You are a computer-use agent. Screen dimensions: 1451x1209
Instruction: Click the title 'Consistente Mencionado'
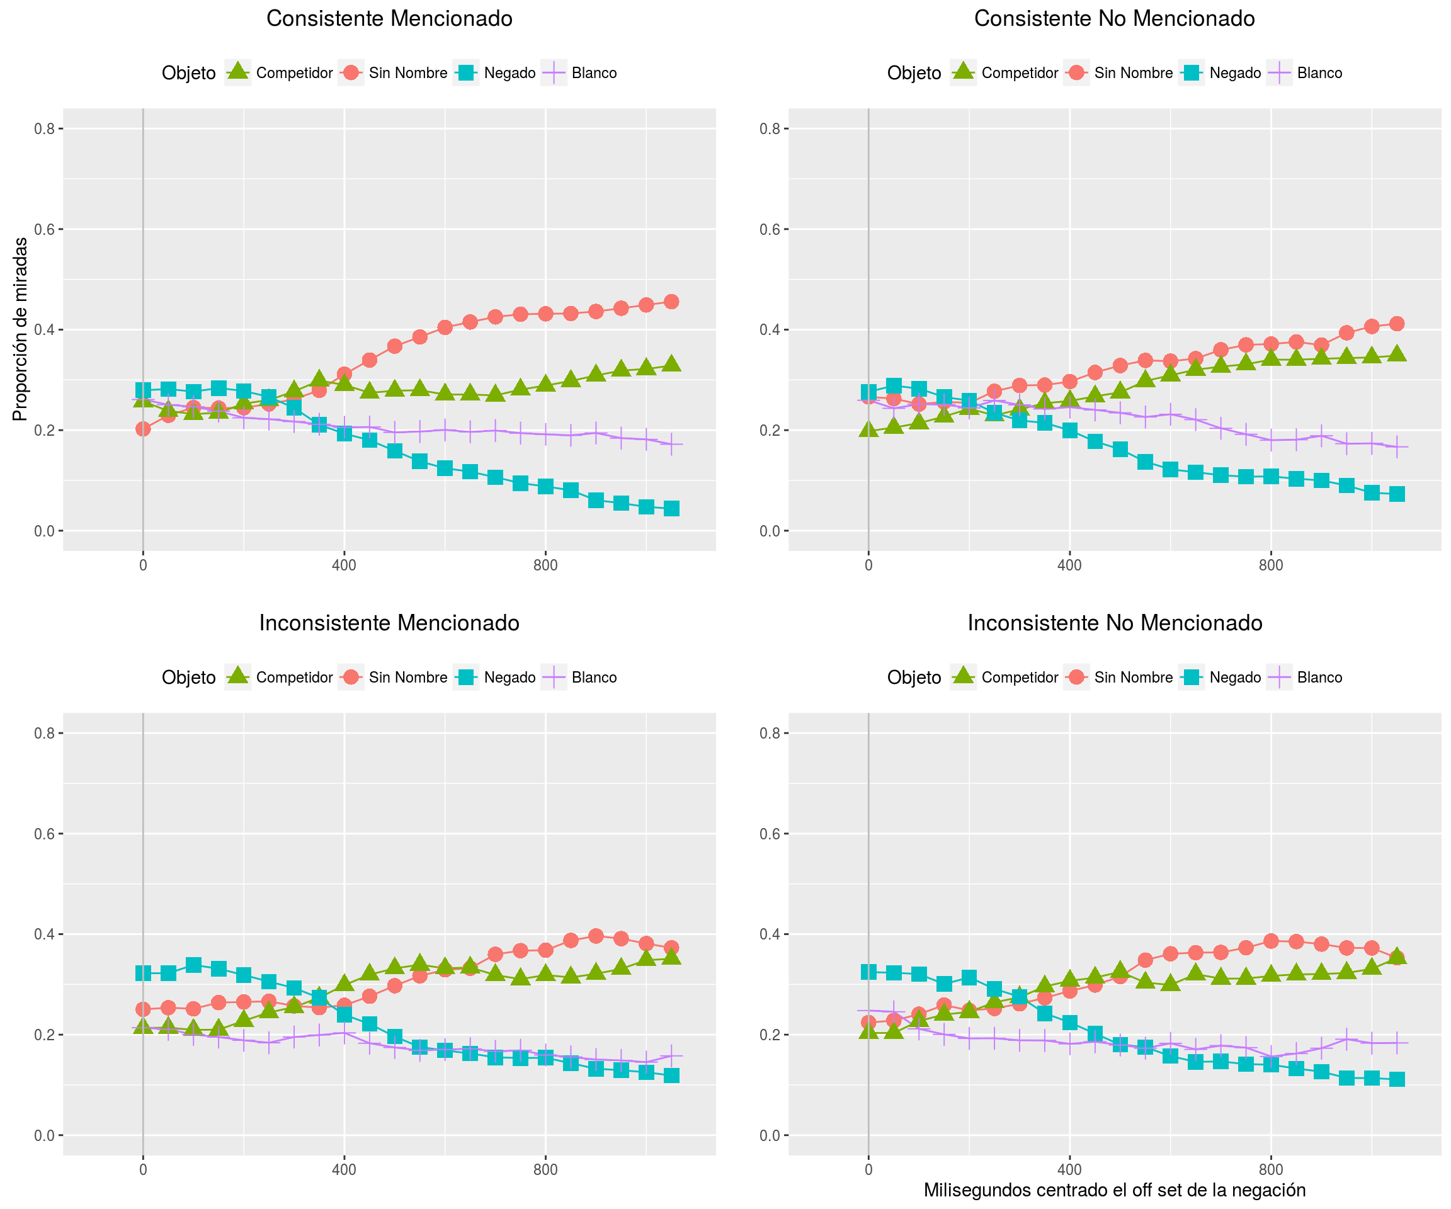[x=389, y=19]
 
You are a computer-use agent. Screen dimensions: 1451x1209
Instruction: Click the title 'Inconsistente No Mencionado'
[x=1115, y=623]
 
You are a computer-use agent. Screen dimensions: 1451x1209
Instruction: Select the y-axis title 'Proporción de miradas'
[x=20, y=329]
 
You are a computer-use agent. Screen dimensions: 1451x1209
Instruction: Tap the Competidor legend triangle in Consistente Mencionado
[x=237, y=72]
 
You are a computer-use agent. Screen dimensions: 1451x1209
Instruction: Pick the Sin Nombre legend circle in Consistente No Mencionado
[x=1076, y=72]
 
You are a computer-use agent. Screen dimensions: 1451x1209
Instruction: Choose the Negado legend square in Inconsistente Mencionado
[x=467, y=677]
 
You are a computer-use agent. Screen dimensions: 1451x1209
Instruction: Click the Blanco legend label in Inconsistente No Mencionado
[x=1320, y=677]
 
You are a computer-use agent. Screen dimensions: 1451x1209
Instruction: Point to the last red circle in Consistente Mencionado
[x=671, y=301]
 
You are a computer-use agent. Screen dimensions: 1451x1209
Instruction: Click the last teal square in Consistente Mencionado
[x=671, y=508]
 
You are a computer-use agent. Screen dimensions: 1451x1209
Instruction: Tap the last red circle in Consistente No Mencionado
[x=1396, y=323]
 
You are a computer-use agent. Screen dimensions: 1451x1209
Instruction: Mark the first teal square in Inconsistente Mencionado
[x=143, y=973]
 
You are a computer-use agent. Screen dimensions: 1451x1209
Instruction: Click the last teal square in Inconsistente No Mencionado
[x=1396, y=1079]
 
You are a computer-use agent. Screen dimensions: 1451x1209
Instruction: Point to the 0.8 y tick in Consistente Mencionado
[x=44, y=128]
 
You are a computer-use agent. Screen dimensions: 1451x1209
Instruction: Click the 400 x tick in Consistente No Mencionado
[x=1069, y=565]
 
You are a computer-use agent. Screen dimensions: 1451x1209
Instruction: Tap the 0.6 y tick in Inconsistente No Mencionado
[x=770, y=833]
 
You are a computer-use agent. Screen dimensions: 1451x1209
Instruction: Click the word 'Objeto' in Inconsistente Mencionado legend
[x=189, y=677]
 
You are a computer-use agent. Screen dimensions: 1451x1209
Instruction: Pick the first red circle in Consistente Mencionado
[x=143, y=429]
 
